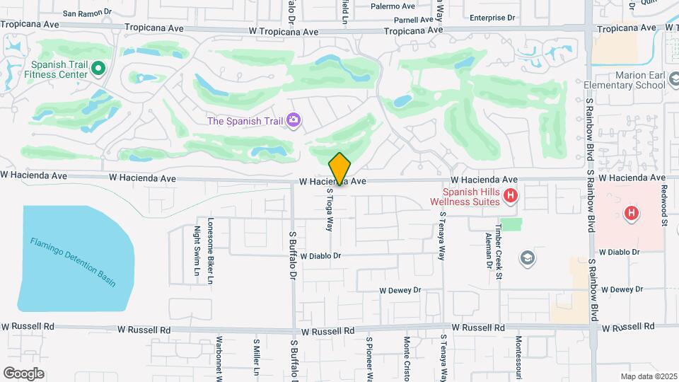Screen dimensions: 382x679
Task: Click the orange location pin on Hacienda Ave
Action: (339, 168)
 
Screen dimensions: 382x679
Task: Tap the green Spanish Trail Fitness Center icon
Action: (99, 69)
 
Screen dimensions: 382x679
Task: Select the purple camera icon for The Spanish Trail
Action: (293, 120)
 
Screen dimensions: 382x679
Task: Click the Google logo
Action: (23, 373)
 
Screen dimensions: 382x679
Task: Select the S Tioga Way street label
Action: (329, 209)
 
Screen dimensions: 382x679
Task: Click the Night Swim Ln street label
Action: (197, 250)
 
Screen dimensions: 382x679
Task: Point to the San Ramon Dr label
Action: (87, 13)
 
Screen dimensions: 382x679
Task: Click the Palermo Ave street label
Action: (393, 6)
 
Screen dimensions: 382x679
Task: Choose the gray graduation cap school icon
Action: (527, 257)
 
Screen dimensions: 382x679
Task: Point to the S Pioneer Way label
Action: (368, 358)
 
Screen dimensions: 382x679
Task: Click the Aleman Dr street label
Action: (489, 251)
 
